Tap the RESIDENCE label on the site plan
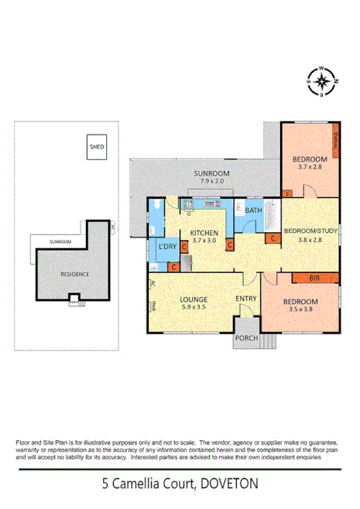tap(75, 274)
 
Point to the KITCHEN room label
tap(204, 233)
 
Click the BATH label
tap(253, 210)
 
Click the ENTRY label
tap(246, 299)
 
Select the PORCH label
tap(245, 339)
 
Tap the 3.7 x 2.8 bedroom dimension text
tap(307, 166)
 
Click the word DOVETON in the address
tap(228, 485)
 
